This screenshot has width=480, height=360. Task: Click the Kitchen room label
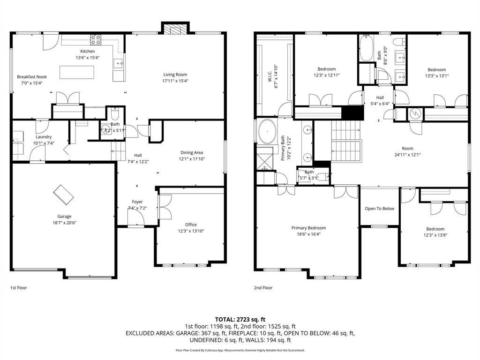click(87, 51)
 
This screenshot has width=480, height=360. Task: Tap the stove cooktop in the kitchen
click(96, 39)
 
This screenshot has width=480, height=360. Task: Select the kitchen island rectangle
click(76, 73)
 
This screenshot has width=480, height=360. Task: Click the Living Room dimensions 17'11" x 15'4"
click(175, 81)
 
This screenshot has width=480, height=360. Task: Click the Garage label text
click(64, 216)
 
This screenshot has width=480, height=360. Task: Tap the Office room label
click(191, 225)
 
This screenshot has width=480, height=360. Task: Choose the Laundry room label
click(44, 137)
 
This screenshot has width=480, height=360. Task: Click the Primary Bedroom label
click(308, 228)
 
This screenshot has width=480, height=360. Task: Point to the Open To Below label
click(380, 209)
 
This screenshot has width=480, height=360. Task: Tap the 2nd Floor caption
click(263, 288)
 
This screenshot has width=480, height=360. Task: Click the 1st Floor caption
click(19, 288)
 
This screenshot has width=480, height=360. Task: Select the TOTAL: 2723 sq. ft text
click(240, 319)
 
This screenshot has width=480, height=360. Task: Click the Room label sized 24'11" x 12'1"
click(407, 148)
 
